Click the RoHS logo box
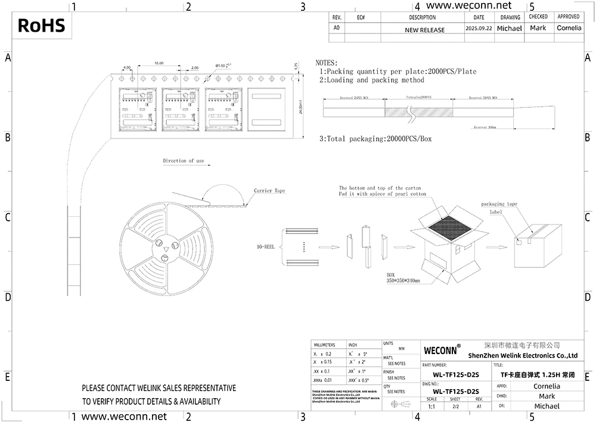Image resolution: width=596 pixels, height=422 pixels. [x=41, y=26]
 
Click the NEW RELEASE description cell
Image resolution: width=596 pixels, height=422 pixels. [x=424, y=30]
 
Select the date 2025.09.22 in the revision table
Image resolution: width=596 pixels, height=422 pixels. [x=479, y=29]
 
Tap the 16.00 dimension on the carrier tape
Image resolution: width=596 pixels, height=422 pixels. [x=159, y=63]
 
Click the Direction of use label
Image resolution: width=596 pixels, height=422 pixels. [x=184, y=161]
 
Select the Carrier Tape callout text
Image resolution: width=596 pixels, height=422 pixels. [x=269, y=191]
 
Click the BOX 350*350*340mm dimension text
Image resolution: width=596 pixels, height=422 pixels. [x=403, y=278]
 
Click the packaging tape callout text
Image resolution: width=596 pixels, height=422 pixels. [x=499, y=204]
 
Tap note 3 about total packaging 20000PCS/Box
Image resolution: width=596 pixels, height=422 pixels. [x=375, y=138]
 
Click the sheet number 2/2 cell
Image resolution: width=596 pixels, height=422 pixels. [x=455, y=406]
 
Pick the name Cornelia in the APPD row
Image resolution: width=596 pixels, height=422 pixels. [x=538, y=386]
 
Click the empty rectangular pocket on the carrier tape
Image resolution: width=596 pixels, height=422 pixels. [x=267, y=109]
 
